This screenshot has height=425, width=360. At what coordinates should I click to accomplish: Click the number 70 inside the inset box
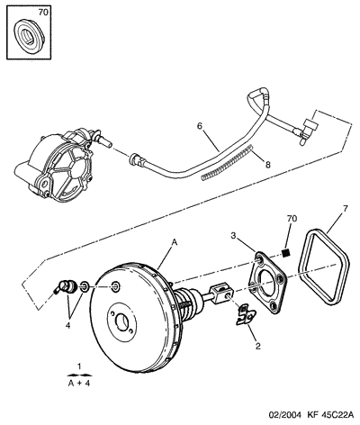tap(43, 13)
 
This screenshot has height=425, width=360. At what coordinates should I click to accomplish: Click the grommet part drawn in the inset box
tap(29, 36)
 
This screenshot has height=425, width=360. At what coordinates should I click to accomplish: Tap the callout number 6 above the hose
tap(200, 126)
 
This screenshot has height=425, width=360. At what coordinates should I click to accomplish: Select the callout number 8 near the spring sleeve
tap(267, 165)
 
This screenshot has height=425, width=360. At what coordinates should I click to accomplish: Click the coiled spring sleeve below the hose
tap(227, 162)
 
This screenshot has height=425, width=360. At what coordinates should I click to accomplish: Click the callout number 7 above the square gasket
tap(345, 209)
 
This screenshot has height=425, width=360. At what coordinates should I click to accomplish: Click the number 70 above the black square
tap(292, 219)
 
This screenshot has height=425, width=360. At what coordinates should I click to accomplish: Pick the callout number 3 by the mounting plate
tap(233, 236)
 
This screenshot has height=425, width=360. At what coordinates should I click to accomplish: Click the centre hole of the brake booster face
tap(122, 322)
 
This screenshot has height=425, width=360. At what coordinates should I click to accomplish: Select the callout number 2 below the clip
tap(257, 346)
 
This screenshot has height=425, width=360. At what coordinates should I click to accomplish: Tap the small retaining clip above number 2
tap(246, 314)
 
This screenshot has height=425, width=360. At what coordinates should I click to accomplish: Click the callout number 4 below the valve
tap(68, 325)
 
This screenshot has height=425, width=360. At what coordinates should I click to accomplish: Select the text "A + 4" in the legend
tap(79, 384)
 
